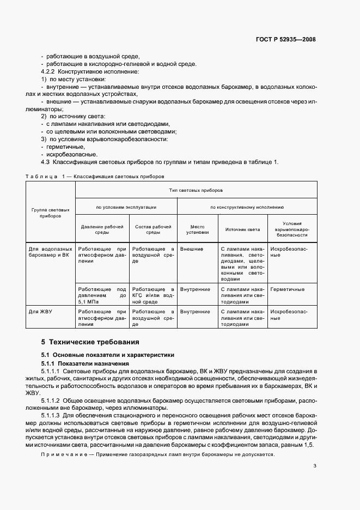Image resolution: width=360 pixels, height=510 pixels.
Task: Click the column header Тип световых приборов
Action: pyautogui.click(x=196, y=190)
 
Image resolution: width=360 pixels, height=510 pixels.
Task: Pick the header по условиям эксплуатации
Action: pyautogui.click(x=126, y=207)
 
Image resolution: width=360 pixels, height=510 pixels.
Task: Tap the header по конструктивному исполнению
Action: pyautogui.click(x=247, y=207)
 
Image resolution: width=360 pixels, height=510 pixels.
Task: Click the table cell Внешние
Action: pyautogui.click(x=191, y=249)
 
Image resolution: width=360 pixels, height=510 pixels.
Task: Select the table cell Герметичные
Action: pyautogui.click(x=287, y=289)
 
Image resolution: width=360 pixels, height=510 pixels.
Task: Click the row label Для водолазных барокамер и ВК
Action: pyautogui.click(x=50, y=252)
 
